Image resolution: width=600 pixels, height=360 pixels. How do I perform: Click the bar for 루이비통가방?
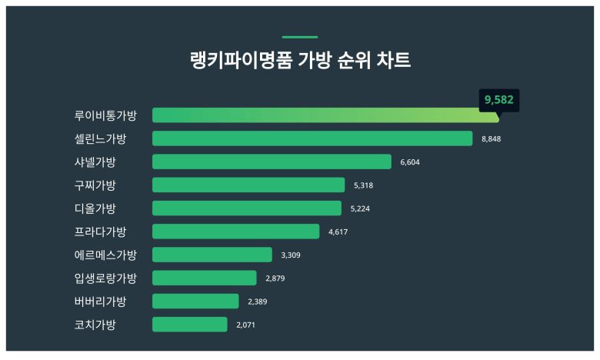325,115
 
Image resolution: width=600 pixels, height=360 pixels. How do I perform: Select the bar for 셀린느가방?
312,138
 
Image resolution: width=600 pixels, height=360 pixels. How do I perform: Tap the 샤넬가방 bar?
272,162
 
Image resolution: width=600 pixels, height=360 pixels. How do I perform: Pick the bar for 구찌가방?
248,185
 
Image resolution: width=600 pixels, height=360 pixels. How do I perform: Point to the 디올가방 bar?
247,208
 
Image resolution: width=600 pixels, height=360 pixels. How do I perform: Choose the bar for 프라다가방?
235,232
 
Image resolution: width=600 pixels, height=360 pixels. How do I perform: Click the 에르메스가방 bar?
212,255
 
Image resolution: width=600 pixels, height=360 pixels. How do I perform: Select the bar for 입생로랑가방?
205,278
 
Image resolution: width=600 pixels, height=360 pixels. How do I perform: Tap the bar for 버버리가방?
195,301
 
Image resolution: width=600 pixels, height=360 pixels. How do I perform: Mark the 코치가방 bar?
190,325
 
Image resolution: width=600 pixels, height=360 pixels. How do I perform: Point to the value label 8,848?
491,139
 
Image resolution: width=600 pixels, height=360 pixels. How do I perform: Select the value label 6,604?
410,162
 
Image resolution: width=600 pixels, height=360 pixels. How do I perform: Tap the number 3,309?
291,255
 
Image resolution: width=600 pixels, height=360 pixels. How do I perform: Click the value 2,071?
245,325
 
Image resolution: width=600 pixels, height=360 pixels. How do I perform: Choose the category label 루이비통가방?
105,115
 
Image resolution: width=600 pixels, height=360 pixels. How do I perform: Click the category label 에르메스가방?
105,255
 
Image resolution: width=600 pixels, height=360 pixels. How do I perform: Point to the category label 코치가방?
95,325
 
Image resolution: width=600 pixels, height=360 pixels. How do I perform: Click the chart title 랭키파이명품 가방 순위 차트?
300,61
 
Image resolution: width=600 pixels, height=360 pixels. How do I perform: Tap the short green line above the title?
300,37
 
